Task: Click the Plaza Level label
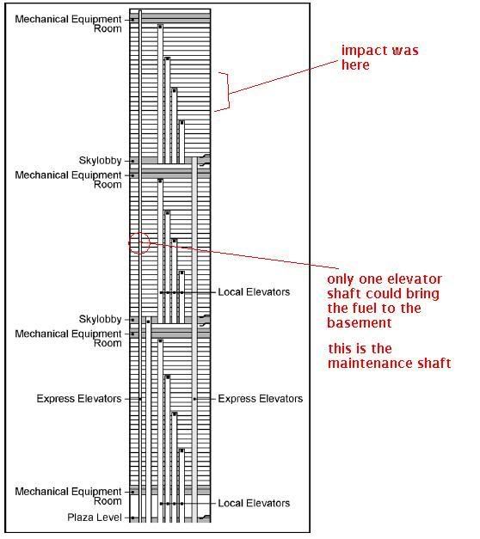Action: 95,518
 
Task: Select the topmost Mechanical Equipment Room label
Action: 68,24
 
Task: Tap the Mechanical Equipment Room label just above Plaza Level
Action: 68,496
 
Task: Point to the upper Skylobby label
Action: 100,161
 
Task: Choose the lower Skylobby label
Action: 100,319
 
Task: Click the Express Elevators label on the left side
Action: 79,399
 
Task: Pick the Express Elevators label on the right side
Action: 261,399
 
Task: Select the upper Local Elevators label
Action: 254,292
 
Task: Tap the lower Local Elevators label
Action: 254,503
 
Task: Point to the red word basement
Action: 360,322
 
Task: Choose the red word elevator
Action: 415,279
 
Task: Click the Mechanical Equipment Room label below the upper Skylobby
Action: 68,180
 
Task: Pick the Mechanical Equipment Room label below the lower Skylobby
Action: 68,338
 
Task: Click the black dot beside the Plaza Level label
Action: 132,518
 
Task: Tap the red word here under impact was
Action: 355,65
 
